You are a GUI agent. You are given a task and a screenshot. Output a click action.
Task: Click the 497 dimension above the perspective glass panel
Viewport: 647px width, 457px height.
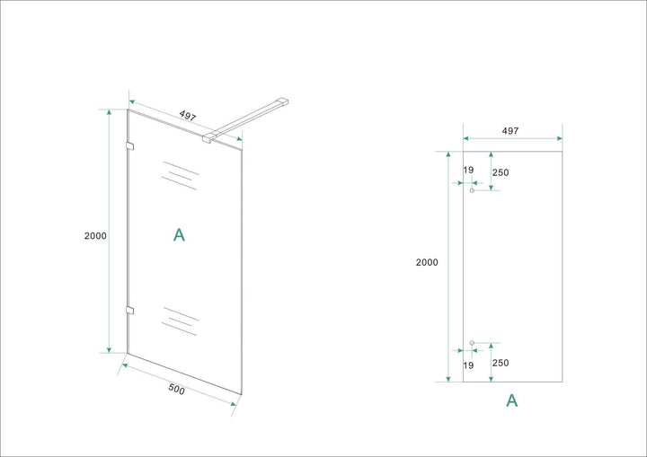pyautogui.click(x=188, y=115)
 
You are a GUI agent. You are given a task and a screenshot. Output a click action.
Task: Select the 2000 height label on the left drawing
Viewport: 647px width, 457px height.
pyautogui.click(x=96, y=235)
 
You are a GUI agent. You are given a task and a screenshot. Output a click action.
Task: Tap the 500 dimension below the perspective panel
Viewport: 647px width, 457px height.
pyautogui.click(x=176, y=390)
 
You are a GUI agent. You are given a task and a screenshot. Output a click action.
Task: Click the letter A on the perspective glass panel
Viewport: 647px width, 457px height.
pyautogui.click(x=179, y=235)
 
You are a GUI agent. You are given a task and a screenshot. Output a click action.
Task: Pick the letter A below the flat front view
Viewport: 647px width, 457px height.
pyautogui.click(x=512, y=400)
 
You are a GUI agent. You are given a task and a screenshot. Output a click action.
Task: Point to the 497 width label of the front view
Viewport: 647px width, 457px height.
pyautogui.click(x=510, y=130)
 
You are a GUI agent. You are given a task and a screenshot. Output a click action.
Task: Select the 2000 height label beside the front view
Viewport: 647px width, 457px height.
pyautogui.click(x=427, y=262)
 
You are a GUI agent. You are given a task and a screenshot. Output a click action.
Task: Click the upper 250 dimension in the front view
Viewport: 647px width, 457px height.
pyautogui.click(x=501, y=172)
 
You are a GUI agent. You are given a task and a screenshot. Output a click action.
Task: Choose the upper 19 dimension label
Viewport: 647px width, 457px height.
pyautogui.click(x=468, y=170)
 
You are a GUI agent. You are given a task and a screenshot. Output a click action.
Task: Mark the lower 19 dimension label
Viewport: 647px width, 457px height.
pyautogui.click(x=468, y=365)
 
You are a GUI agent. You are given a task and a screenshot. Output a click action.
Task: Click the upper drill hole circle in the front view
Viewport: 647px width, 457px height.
pyautogui.click(x=472, y=190)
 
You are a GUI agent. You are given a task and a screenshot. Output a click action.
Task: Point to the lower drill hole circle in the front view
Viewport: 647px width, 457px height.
pyautogui.click(x=472, y=343)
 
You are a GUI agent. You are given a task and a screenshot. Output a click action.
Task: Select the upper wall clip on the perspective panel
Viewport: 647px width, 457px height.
pyautogui.click(x=129, y=146)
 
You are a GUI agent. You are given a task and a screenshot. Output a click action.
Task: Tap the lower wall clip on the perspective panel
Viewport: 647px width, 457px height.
pyautogui.click(x=129, y=311)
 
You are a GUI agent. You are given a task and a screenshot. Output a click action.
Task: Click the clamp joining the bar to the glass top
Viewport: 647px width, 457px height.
pyautogui.click(x=209, y=137)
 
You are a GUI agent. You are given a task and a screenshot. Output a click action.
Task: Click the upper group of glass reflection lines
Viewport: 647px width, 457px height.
pyautogui.click(x=180, y=174)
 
